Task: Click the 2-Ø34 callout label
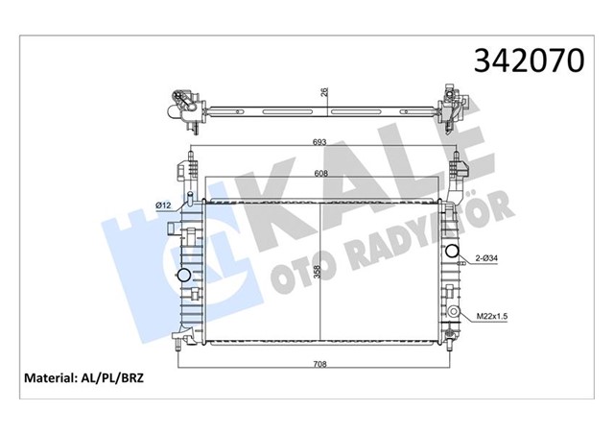(x=484, y=257)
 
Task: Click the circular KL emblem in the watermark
(x=182, y=251)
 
